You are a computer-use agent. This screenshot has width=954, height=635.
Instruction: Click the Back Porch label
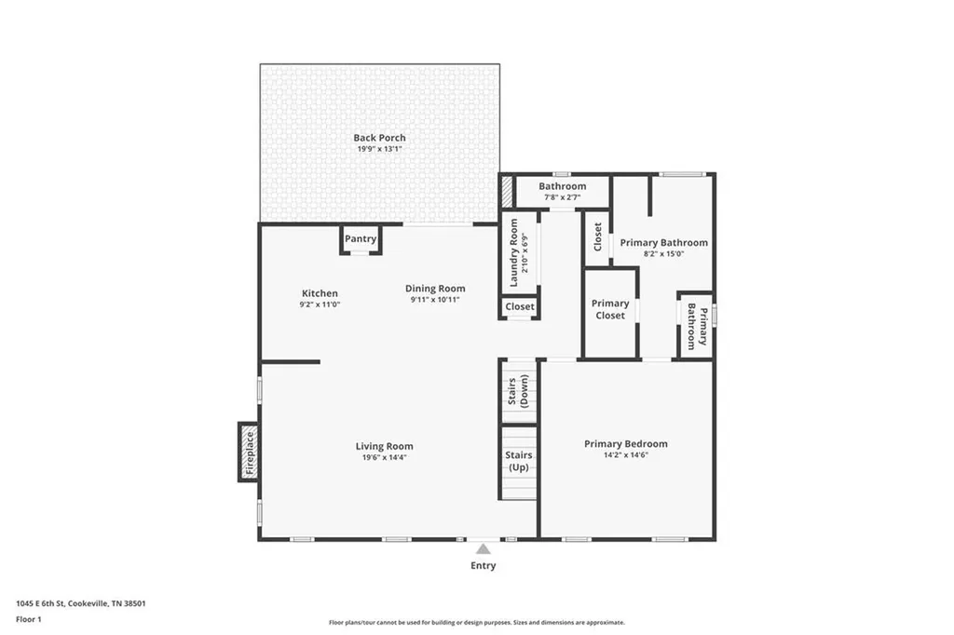pyautogui.click(x=380, y=138)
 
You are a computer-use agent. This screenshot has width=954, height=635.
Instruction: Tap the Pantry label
pyautogui.click(x=361, y=239)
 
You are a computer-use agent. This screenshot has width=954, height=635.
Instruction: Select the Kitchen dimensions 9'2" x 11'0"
pyautogui.click(x=320, y=304)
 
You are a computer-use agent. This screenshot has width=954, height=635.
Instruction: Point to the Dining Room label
pyautogui.click(x=435, y=289)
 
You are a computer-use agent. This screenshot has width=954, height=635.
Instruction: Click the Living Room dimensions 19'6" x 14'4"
pyautogui.click(x=384, y=457)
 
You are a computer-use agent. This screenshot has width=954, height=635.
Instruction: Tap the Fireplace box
pyautogui.click(x=248, y=453)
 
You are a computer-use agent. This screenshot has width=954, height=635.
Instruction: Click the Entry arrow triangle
pyautogui.click(x=484, y=549)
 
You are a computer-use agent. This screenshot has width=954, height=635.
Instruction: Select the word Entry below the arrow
pyautogui.click(x=484, y=566)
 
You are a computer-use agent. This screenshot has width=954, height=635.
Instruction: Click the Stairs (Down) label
pyautogui.click(x=518, y=391)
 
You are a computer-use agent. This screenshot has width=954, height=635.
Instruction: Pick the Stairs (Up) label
pyautogui.click(x=518, y=461)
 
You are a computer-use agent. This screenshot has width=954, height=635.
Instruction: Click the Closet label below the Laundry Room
pyautogui.click(x=520, y=306)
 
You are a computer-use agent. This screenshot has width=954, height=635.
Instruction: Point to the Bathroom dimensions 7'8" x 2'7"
pyautogui.click(x=562, y=197)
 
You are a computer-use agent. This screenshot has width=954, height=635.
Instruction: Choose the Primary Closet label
pyautogui.click(x=610, y=309)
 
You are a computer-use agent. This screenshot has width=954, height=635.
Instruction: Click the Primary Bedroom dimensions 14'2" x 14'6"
pyautogui.click(x=626, y=455)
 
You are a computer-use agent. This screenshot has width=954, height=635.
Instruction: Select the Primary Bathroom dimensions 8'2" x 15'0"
pyautogui.click(x=663, y=253)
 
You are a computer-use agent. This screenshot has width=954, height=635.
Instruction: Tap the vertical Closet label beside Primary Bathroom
pyautogui.click(x=597, y=236)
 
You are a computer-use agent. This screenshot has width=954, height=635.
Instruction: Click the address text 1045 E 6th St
pyautogui.click(x=40, y=603)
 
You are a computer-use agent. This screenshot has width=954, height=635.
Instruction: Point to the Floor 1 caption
pyautogui.click(x=29, y=619)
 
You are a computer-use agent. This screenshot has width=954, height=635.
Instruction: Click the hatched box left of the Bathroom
pyautogui.click(x=506, y=191)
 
